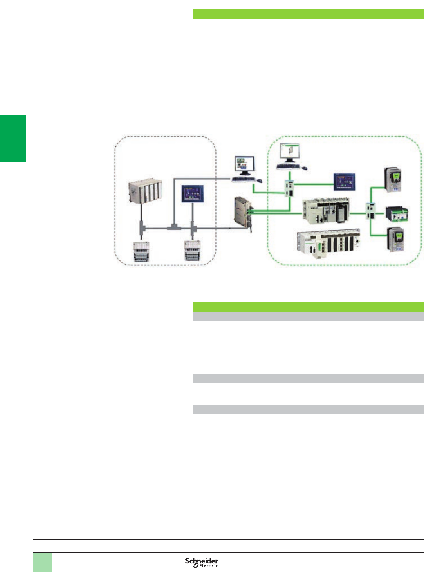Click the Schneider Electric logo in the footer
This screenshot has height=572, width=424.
pyautogui.click(x=202, y=562)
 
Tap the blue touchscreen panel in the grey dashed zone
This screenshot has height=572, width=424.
pyautogui.click(x=193, y=193)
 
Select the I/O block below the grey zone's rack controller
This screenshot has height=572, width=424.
pyautogui.click(x=141, y=252)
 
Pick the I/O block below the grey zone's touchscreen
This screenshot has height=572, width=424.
pyautogui.click(x=192, y=251)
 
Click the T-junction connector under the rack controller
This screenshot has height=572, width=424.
pyautogui.click(x=141, y=227)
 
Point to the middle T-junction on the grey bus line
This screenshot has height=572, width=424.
pyautogui.click(x=173, y=227)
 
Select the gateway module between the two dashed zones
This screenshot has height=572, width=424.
pyautogui.click(x=243, y=213)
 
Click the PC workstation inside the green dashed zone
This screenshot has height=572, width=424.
pyautogui.click(x=290, y=156)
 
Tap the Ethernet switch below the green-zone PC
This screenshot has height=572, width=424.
pyautogui.click(x=290, y=188)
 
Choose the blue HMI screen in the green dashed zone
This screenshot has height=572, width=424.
pyautogui.click(x=345, y=182)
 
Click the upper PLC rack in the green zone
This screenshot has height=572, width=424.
pyautogui.click(x=325, y=211)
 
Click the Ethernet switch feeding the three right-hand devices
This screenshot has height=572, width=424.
pyautogui.click(x=370, y=212)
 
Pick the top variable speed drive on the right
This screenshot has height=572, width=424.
pyautogui.click(x=393, y=180)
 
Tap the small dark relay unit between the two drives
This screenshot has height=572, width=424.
pyautogui.click(x=397, y=214)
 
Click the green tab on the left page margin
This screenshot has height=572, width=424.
pyautogui.click(x=13, y=138)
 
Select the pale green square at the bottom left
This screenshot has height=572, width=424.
pyautogui.click(x=42, y=562)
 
